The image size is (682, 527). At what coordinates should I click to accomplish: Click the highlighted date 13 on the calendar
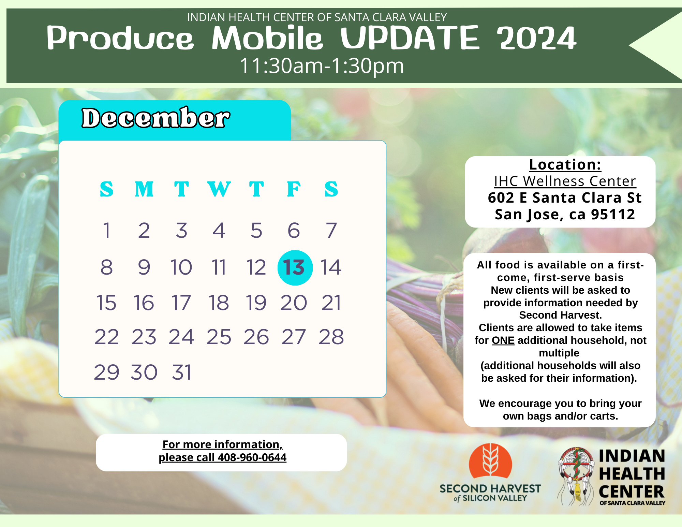(295, 267)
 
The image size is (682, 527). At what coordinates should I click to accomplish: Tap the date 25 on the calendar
(219, 337)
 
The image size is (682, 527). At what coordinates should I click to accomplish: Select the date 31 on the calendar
(182, 372)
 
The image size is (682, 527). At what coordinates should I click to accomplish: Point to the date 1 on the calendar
(107, 230)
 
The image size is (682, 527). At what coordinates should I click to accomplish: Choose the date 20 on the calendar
(294, 303)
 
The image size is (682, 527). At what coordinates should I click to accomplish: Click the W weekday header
(219, 189)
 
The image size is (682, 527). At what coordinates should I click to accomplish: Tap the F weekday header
(294, 189)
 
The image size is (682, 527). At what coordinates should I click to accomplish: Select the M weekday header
(144, 189)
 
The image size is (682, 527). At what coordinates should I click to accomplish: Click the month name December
(156, 118)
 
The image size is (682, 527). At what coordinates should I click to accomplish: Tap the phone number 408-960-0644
(252, 457)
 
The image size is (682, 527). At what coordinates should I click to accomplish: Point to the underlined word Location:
(565, 165)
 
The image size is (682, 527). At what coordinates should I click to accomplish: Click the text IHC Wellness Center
(565, 181)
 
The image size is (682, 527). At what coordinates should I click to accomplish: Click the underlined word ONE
(503, 340)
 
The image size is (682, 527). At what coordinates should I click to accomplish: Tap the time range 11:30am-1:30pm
(322, 65)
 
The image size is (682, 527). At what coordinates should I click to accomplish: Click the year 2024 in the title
(536, 38)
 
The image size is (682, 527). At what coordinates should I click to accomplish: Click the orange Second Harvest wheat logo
(490, 460)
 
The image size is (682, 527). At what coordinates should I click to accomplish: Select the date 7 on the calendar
(331, 230)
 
